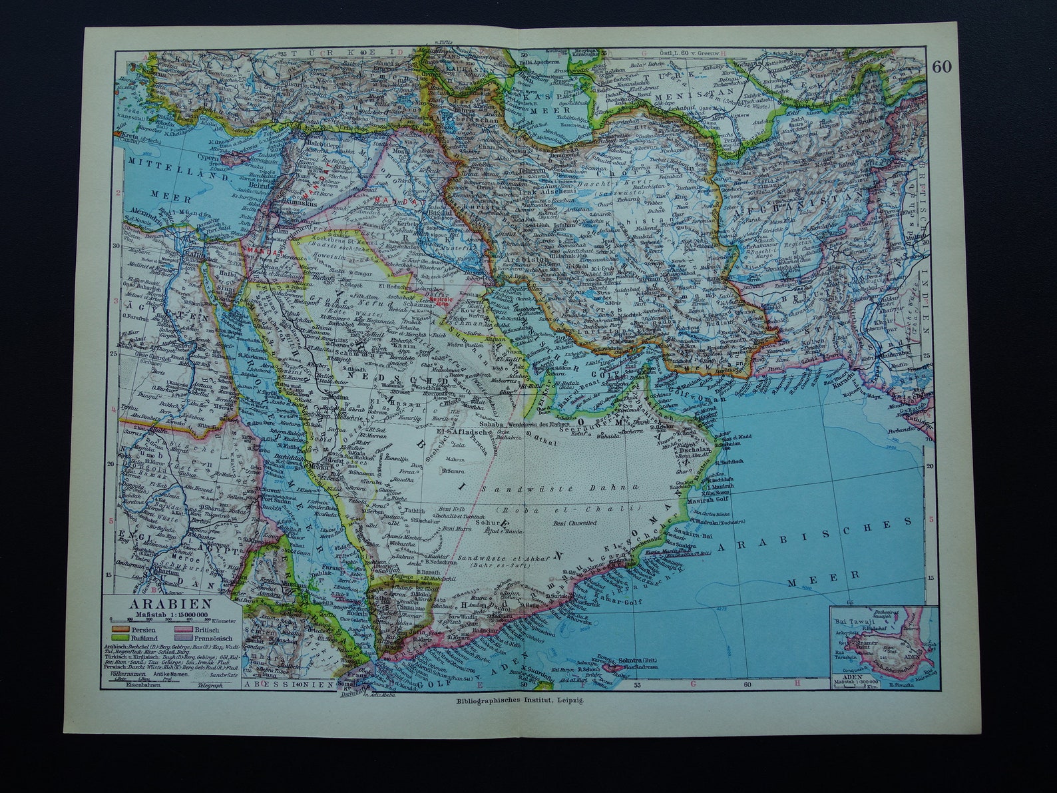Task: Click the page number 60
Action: tap(941, 66)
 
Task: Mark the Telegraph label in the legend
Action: tap(213, 684)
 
